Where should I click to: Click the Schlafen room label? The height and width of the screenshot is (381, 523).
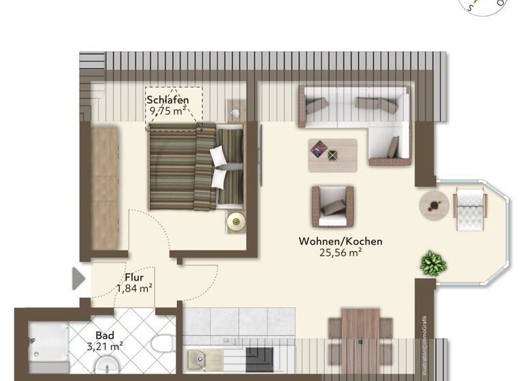168,101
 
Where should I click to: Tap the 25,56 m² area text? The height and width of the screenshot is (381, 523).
340,252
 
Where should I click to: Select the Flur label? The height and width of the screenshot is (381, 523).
133,277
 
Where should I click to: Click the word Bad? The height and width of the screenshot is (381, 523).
104,335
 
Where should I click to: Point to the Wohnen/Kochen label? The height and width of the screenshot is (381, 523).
340,241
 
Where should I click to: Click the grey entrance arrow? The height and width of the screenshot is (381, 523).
78,278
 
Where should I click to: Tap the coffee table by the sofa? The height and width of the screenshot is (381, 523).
332,154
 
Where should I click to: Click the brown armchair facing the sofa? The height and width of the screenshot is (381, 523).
333,206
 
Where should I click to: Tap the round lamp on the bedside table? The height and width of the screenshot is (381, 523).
236,220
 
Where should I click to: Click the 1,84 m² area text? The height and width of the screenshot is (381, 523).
133,288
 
